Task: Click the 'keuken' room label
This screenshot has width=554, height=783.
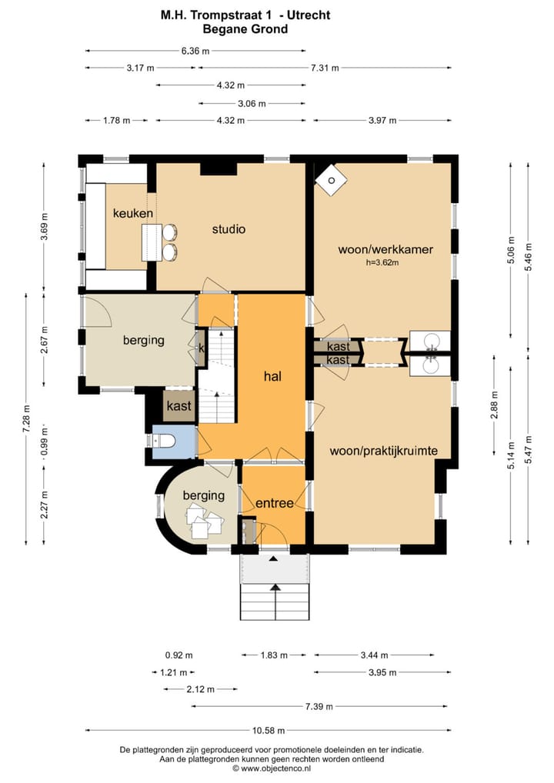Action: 133,214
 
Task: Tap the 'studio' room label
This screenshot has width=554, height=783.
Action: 229,229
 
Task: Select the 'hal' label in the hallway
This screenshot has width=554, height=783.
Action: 272,376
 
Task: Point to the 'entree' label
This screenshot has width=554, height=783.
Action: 274,503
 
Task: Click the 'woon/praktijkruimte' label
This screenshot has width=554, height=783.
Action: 384,451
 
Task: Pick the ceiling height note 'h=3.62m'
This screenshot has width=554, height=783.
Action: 382,262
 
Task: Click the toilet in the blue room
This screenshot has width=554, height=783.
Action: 162,441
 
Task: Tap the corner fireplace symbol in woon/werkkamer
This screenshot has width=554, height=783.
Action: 331,181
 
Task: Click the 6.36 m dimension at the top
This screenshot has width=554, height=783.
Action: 195,51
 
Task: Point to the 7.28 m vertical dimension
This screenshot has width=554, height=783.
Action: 26,418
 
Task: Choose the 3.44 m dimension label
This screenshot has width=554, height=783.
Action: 374,655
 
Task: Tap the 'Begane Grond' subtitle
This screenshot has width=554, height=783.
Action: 245,29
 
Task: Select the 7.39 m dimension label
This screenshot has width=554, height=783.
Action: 319,706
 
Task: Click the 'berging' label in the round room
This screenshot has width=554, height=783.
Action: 203,495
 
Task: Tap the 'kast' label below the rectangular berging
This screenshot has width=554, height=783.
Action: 179,406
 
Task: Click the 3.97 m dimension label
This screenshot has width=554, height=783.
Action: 382,120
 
